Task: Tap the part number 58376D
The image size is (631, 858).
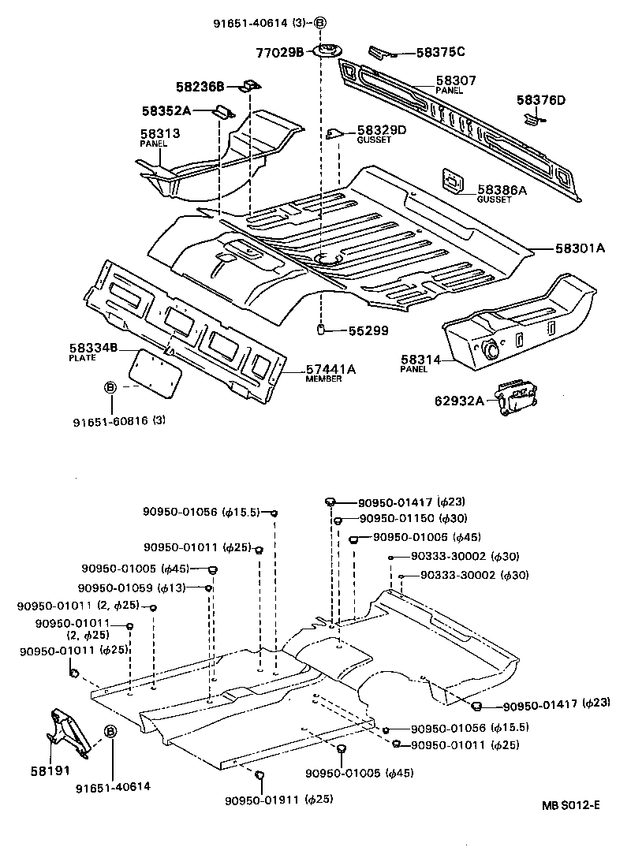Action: (x=541, y=99)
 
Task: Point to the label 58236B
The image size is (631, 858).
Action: (x=200, y=86)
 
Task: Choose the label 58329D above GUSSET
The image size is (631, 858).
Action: (x=382, y=129)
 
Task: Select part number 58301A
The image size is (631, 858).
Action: (x=578, y=248)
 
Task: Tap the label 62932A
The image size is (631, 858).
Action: (x=459, y=401)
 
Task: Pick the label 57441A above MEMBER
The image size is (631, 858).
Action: (x=330, y=369)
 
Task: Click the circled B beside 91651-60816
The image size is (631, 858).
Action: (x=110, y=386)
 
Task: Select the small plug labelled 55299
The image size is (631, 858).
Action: (x=322, y=329)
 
